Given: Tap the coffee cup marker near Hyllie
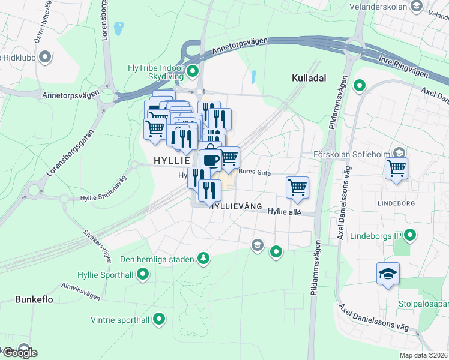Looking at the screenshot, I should pos(211,159).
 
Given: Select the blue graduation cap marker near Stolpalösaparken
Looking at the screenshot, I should pos(388,274).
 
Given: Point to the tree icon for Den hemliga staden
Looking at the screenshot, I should pos(204,259).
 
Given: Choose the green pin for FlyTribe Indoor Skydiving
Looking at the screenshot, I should pos(193,73).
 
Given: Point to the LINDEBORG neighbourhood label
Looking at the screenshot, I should pos(396,203).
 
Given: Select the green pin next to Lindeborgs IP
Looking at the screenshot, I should pos(411,235).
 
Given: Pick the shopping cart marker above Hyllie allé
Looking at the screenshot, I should pos(297,188).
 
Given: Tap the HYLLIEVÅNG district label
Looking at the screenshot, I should pos(235,205).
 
